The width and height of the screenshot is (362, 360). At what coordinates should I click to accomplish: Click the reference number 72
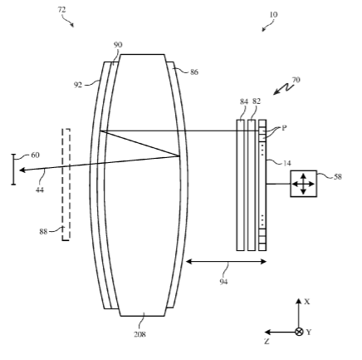[x=61, y=10]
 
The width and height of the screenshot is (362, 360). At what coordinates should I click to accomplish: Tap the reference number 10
[x=273, y=14]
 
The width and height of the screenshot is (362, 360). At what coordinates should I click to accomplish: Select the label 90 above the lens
[x=118, y=45]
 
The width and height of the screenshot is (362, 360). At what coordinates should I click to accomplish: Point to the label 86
[x=194, y=72]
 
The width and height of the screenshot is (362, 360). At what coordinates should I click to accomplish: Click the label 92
[x=78, y=85]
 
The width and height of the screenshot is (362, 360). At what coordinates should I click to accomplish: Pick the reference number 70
[x=296, y=80]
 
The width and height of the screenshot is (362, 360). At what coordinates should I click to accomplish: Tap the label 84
[x=244, y=101]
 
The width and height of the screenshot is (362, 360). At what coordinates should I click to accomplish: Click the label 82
[x=257, y=101]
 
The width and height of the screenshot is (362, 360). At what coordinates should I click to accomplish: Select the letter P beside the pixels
[x=284, y=128]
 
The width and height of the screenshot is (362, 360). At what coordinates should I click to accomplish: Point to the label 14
[x=287, y=163]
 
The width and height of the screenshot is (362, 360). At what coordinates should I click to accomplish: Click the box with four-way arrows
[x=303, y=184]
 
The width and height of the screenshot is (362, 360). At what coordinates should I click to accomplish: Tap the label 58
[x=338, y=176]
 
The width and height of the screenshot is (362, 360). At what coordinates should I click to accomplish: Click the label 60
[x=35, y=155]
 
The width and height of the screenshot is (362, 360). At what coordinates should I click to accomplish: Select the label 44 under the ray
[x=40, y=190]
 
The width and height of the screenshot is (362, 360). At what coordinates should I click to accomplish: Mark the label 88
[x=43, y=231]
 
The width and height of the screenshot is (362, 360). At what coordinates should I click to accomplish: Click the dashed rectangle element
[x=66, y=185]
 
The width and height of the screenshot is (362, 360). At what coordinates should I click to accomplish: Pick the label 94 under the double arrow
[x=223, y=282]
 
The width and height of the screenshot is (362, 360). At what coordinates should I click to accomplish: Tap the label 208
[x=139, y=334]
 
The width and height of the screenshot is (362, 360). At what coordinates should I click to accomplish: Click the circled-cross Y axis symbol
[x=299, y=332]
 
